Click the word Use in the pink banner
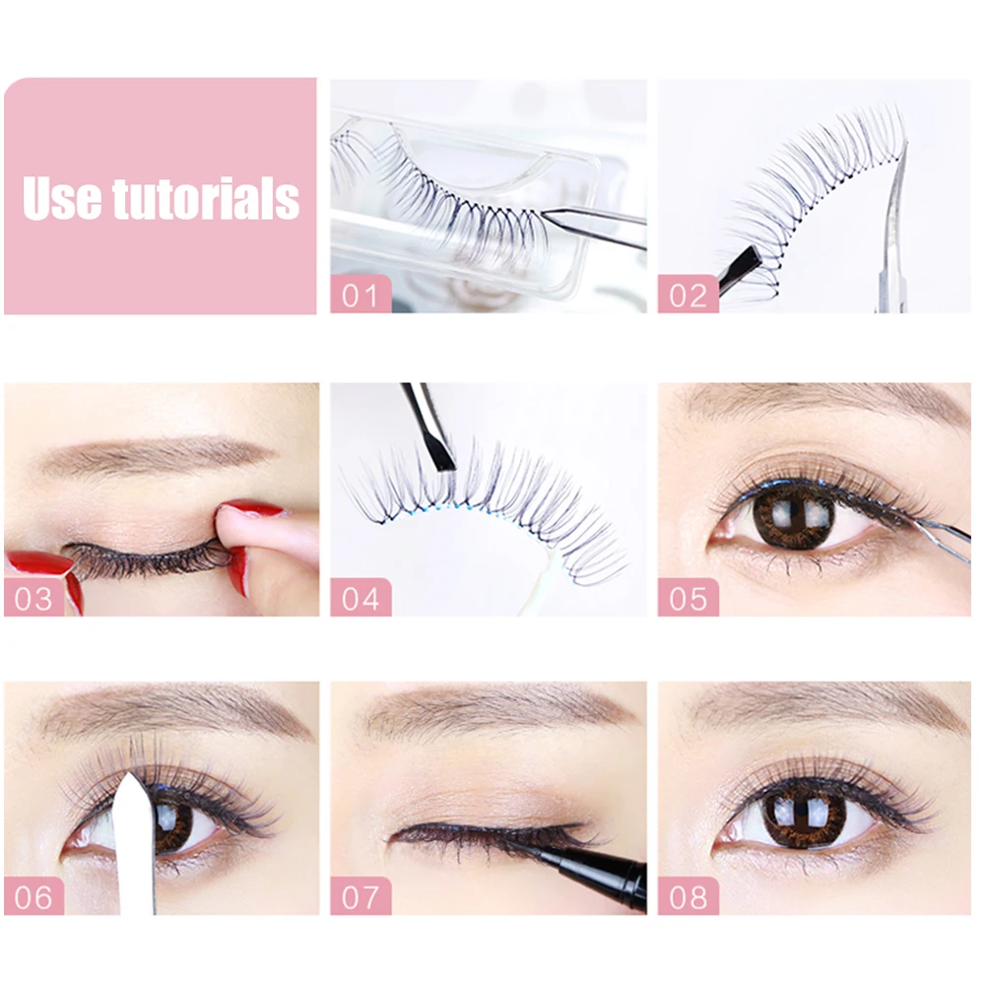pyautogui.click(x=62, y=198)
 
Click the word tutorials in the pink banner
pyautogui.click(x=206, y=198)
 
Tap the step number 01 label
pyautogui.click(x=361, y=295)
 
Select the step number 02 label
pyautogui.click(x=688, y=295)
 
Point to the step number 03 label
pyautogui.click(x=33, y=598)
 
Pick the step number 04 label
pyautogui.click(x=361, y=598)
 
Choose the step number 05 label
pyautogui.click(x=688, y=598)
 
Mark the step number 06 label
pyautogui.click(x=33, y=896)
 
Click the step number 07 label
pyautogui.click(x=361, y=896)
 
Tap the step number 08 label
pyautogui.click(x=688, y=896)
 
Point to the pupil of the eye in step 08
pyautogui.click(x=806, y=816)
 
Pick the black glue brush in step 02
pyautogui.click(x=740, y=271)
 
